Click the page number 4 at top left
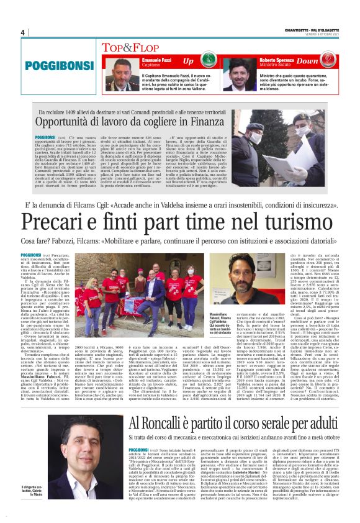(22, 32)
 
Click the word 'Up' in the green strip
(188, 61)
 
